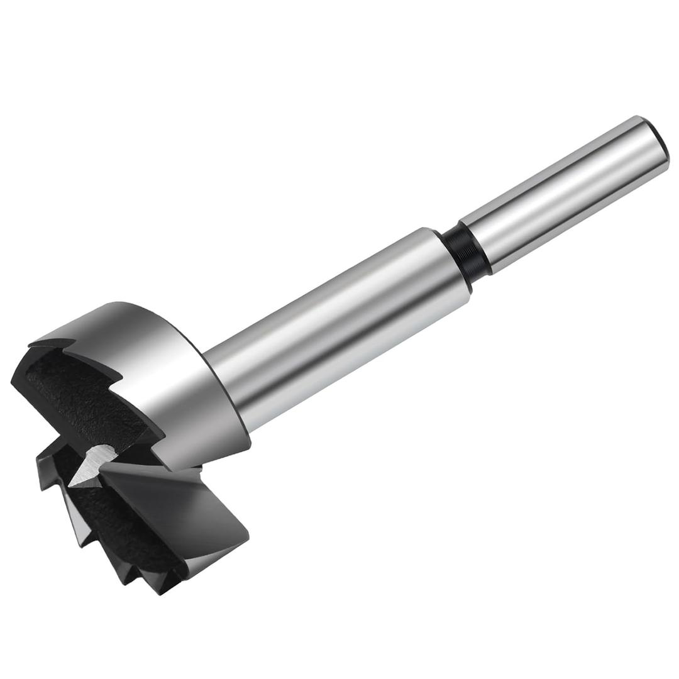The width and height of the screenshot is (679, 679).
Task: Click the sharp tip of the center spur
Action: pos(71,485)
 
